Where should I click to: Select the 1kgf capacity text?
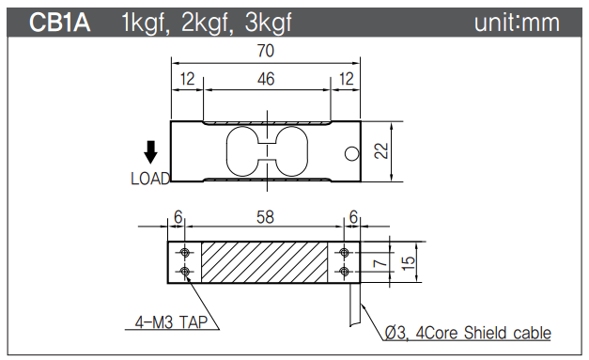point(146,23)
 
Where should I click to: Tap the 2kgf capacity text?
point(203,23)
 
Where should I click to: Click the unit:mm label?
point(517,23)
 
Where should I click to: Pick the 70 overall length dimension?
point(266,54)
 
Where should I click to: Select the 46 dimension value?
point(266,79)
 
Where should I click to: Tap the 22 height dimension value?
point(380,152)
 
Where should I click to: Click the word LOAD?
point(150,178)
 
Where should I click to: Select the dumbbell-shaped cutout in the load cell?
point(266,152)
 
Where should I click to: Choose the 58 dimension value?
point(266,217)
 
